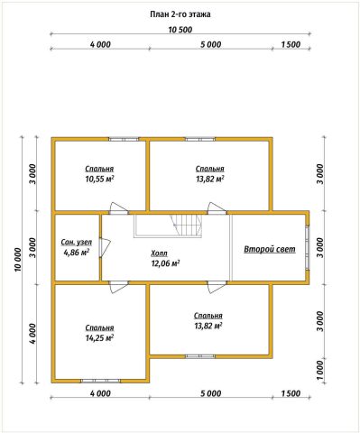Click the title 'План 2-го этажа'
coord(180,14)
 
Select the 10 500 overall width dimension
coord(180,30)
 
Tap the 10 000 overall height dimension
coord(18,260)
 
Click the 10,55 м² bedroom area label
coord(99,179)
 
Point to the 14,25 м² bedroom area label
coord(99,338)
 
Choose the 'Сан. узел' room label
coord(77,242)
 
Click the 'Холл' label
coord(159,253)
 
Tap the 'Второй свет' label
coord(270,249)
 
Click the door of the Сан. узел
coord(105,248)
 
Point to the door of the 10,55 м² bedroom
coord(119,208)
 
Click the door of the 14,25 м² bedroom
coord(119,287)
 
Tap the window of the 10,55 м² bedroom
coord(124,139)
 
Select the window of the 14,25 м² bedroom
coord(100,381)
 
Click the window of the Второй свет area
coord(308,247)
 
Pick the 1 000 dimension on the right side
coord(320,370)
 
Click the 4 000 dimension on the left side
coord(33,334)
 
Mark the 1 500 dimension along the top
coord(291,44)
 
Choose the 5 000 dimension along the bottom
coord(211,393)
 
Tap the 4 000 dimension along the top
coord(100,44)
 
